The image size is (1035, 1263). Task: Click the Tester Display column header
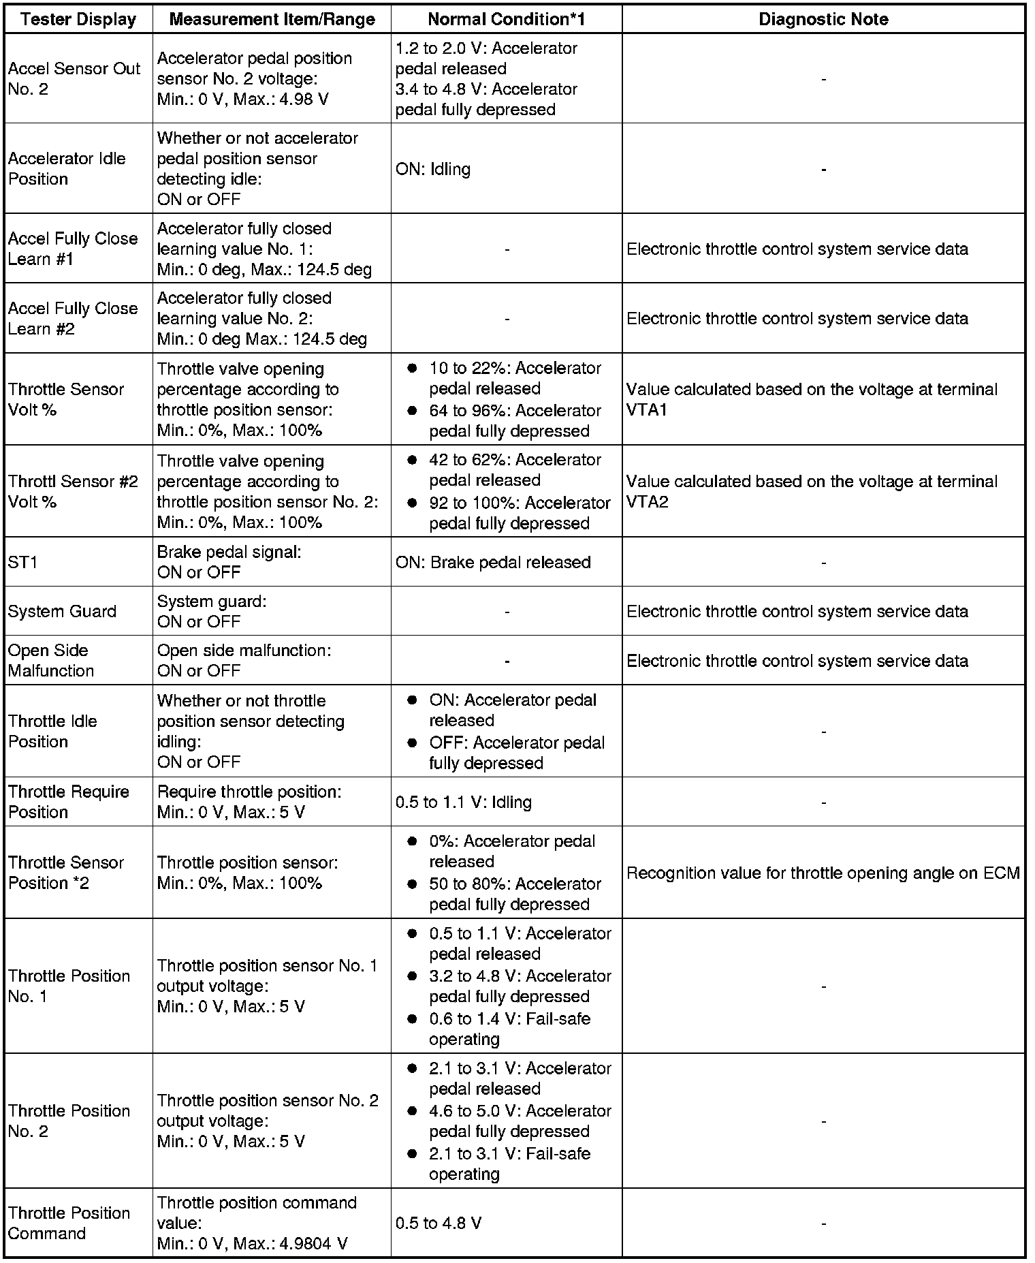pos(78,19)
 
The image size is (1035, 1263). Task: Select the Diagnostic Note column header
pos(823,19)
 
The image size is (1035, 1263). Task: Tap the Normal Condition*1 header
pos(506,19)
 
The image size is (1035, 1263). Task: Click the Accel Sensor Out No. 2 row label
pos(74,79)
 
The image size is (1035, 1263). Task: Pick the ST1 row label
pos(23,563)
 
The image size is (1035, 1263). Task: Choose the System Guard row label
pos(62,612)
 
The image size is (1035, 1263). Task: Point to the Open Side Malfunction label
pos(51,661)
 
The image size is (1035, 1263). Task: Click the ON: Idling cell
pos(433,169)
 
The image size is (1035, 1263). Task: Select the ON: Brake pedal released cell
pos(493,563)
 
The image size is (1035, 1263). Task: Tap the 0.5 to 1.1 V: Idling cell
pos(463,802)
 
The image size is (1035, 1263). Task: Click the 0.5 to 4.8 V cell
pos(439,1223)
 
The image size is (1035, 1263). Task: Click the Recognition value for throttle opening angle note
pos(823,873)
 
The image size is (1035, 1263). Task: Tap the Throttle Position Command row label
pos(69,1223)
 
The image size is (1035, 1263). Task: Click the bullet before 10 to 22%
pos(412,369)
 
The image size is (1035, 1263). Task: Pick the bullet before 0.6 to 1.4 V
pos(412,1019)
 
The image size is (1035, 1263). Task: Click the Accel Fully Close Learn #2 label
pos(73,319)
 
